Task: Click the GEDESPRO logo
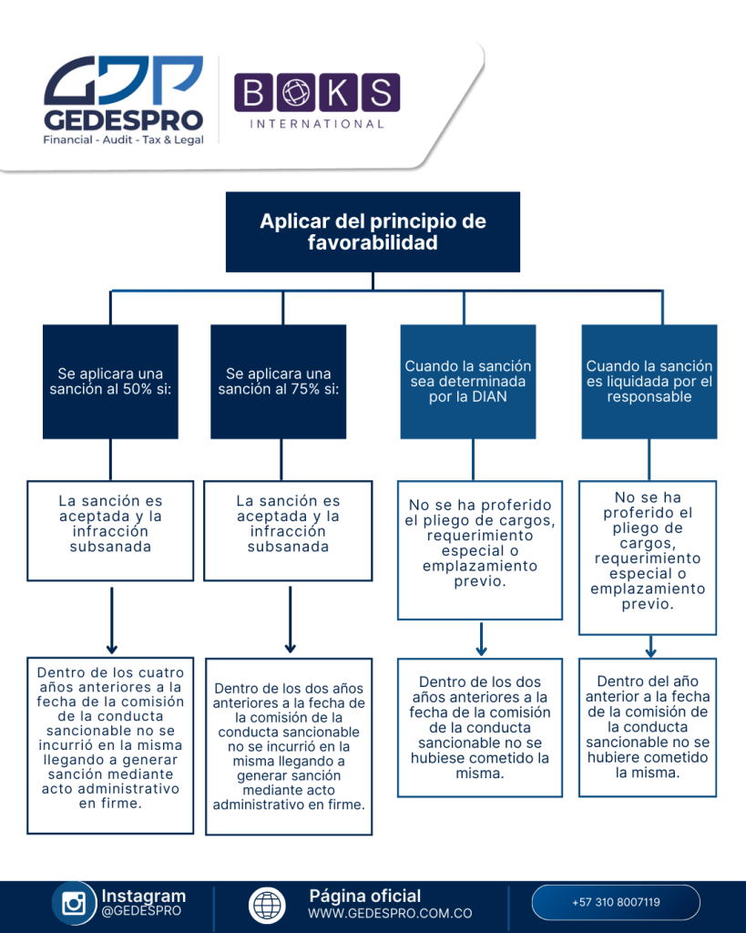click(x=123, y=98)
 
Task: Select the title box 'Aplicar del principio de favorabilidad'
click(x=373, y=231)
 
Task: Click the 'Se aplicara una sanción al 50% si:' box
click(x=111, y=381)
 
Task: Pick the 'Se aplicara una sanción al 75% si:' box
click(x=279, y=381)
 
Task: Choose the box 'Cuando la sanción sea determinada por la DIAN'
click(x=468, y=381)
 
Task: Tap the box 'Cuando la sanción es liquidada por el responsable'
click(x=649, y=381)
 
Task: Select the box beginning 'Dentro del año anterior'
click(x=647, y=726)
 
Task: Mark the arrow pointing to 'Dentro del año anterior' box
click(x=650, y=647)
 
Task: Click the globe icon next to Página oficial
click(x=267, y=904)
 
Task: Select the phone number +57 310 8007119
click(x=616, y=902)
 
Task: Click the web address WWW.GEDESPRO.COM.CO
click(x=390, y=913)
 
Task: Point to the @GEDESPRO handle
click(x=141, y=910)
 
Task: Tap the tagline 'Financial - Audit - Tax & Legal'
click(x=124, y=139)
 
